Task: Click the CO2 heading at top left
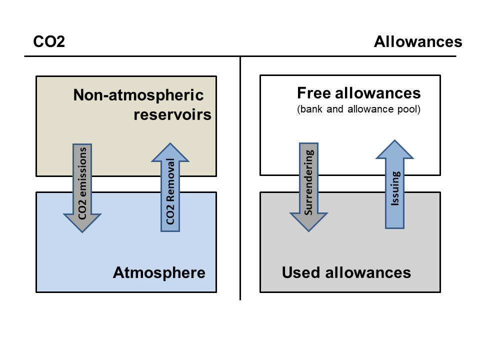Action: coord(49,42)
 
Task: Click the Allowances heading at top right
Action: coord(418,42)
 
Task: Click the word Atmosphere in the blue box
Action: coord(159,273)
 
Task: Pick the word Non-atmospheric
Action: coord(138,95)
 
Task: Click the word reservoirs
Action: coord(172,115)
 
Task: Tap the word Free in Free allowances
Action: coord(313,93)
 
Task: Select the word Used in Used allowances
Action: coord(301,273)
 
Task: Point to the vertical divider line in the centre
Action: coord(240,200)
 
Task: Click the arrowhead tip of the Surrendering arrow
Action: coord(308,230)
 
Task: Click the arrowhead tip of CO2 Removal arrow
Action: coord(170,144)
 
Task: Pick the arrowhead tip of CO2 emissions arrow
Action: coord(82,231)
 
